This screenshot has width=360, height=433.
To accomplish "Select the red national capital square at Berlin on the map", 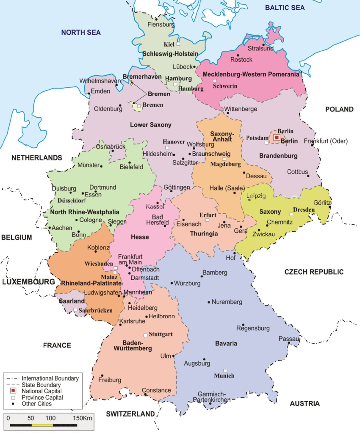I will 276,137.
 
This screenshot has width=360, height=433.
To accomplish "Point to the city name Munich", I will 224,376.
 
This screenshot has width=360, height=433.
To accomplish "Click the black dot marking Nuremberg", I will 209,302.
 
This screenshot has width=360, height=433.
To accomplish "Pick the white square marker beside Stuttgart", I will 145,334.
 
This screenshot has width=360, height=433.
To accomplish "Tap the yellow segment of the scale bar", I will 42,425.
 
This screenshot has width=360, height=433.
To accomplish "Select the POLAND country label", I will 339,109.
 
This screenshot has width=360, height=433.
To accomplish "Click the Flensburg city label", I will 161,25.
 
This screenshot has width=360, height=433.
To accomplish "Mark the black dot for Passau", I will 299,339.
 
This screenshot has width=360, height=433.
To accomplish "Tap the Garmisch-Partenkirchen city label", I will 212,397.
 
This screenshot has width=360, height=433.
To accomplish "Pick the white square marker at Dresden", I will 291,215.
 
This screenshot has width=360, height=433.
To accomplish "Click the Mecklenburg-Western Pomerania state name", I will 251,74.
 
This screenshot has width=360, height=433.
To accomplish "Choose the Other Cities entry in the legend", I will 37,404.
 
